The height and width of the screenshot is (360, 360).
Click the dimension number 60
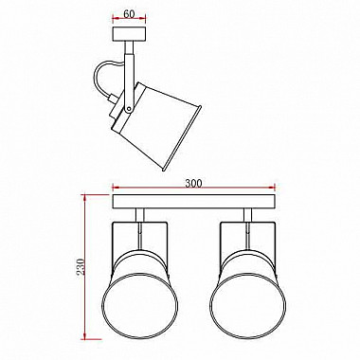[x=129, y=14]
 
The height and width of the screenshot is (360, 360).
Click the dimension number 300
[x=193, y=184]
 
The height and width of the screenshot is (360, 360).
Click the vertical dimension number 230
[x=81, y=266]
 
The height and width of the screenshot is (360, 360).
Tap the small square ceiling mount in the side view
[x=129, y=34]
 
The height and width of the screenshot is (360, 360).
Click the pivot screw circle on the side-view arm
[x=129, y=109]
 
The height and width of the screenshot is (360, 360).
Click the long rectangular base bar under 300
[x=193, y=202]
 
